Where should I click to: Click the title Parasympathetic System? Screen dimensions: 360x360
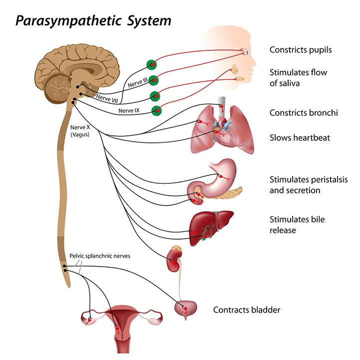93,21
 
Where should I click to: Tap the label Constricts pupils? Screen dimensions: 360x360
301,49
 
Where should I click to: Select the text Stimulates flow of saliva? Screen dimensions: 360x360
299,78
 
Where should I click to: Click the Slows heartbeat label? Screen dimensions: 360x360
300,137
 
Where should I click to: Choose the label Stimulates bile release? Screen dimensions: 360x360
298,224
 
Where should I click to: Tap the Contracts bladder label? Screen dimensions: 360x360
247,310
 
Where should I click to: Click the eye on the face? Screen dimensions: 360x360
245,51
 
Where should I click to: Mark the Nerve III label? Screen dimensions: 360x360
138,79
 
